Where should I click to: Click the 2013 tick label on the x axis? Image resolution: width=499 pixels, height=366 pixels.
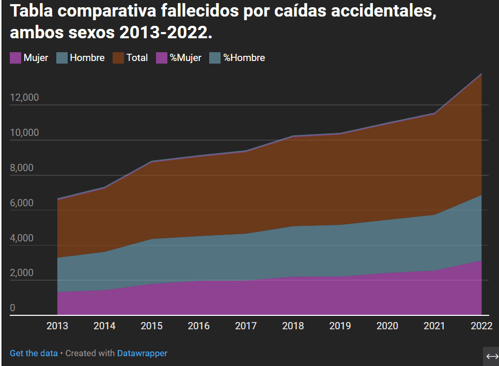click(x=57, y=326)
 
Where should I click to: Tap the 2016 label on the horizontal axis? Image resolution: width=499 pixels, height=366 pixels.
click(x=198, y=326)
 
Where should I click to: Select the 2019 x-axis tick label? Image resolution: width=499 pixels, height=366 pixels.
click(x=340, y=326)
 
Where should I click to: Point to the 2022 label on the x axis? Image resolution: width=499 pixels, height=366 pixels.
click(x=481, y=326)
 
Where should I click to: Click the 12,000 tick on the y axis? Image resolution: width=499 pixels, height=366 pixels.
click(x=24, y=98)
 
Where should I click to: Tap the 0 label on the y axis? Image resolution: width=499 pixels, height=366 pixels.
click(x=13, y=308)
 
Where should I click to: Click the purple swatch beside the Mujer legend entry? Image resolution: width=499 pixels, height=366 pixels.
click(x=15, y=58)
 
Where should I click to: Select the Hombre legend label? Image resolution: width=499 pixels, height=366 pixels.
click(x=87, y=58)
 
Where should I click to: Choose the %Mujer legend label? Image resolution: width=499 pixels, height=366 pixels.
click(x=185, y=58)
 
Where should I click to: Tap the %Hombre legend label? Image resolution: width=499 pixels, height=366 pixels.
click(x=244, y=58)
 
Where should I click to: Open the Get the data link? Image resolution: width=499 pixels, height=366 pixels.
click(x=34, y=353)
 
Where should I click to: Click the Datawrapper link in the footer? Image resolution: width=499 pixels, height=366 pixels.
click(x=142, y=353)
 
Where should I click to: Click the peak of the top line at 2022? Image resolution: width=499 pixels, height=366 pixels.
click(x=481, y=74)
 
